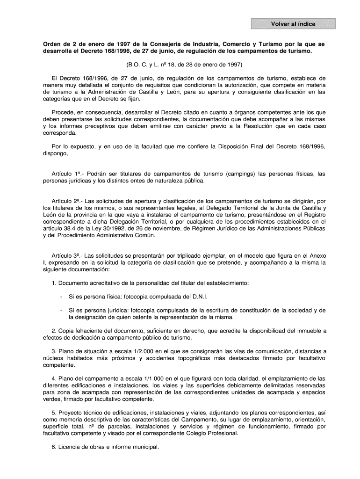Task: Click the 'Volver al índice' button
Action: pos(293,24)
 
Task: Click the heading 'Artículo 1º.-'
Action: pos(68,174)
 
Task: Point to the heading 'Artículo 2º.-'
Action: pos(68,201)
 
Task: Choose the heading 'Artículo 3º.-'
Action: pos(68,256)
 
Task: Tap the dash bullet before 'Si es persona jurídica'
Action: pos(61,310)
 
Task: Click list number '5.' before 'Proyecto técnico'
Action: pos(54,413)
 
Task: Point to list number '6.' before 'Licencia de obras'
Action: pos(54,446)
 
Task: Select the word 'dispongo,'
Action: pos(56,153)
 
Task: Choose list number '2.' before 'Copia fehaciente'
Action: pos(54,330)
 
